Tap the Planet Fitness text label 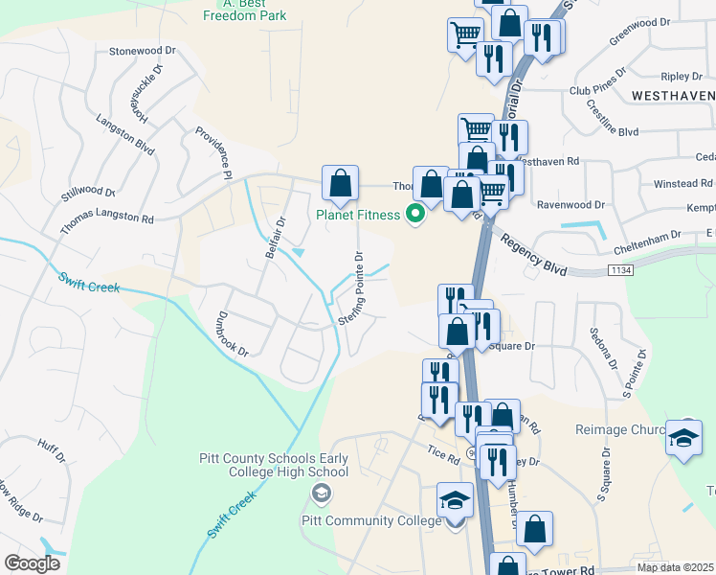[x=358, y=215]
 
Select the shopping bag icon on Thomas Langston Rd [x=340, y=183]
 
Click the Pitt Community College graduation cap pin [x=455, y=502]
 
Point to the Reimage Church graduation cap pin [x=684, y=437]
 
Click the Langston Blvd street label [x=125, y=134]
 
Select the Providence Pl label [x=213, y=153]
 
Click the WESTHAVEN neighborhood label [x=673, y=95]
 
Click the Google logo [x=32, y=563]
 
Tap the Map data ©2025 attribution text [x=675, y=567]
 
